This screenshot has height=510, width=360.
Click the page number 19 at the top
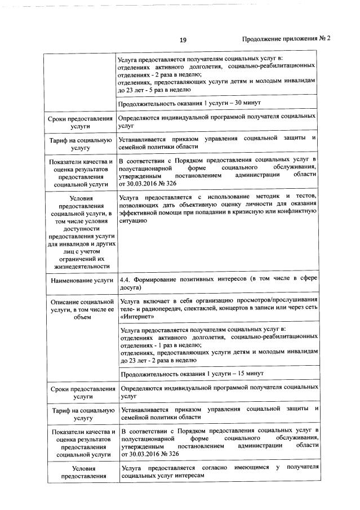(183, 40)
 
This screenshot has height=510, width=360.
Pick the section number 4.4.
(127, 280)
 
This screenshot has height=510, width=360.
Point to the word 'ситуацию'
(134, 221)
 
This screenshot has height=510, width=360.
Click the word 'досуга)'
(131, 288)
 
